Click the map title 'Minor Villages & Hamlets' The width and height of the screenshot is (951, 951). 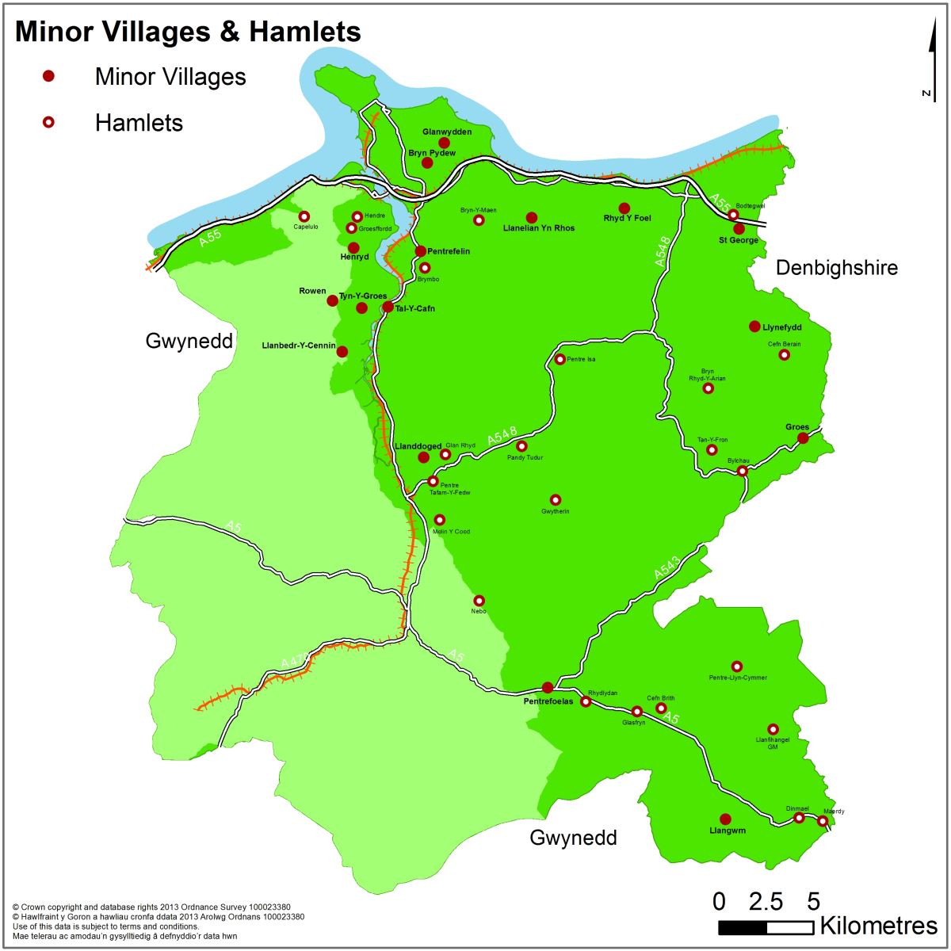click(188, 32)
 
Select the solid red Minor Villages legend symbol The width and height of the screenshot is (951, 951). click(48, 76)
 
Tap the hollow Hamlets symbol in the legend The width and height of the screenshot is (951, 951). click(48, 122)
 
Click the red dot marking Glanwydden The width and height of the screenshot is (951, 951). click(445, 143)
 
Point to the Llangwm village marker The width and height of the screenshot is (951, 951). click(725, 819)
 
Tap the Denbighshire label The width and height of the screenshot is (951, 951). click(836, 268)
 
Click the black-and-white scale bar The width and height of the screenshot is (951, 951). click(766, 927)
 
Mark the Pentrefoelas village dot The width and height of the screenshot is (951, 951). click(547, 687)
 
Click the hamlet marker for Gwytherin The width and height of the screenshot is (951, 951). click(556, 500)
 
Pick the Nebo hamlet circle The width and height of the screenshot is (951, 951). click(479, 601)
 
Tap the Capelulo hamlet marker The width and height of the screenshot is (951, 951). click(304, 216)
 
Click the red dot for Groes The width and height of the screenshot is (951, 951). click(803, 438)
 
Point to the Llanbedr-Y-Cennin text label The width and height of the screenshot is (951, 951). click(298, 346)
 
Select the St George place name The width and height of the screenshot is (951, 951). click(738, 240)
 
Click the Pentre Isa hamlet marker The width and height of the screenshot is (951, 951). click(560, 359)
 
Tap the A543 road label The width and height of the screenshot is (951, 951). click(666, 568)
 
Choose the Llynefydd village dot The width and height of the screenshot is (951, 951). click(754, 327)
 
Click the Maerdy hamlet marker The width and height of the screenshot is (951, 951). click(823, 821)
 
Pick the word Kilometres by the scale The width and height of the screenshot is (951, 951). click(878, 926)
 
